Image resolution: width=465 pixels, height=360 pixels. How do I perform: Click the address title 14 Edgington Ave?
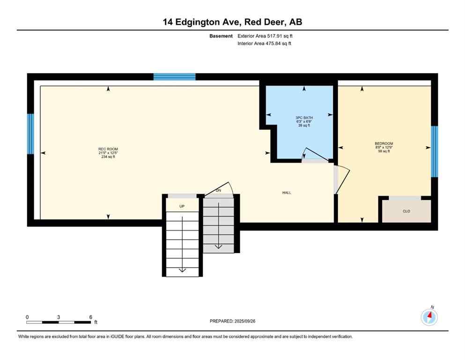pyautogui.click(x=232, y=22)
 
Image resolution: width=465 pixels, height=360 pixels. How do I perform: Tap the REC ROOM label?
pyautogui.click(x=108, y=149)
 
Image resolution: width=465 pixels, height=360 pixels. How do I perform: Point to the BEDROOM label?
pyautogui.click(x=384, y=143)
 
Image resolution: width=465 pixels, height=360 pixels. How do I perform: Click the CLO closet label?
pyautogui.click(x=406, y=211)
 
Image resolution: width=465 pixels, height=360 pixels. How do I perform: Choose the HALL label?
pyautogui.click(x=288, y=192)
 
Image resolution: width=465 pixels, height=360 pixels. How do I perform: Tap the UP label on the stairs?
pyautogui.click(x=182, y=206)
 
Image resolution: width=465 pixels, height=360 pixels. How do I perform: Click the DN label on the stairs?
pyautogui.click(x=218, y=191)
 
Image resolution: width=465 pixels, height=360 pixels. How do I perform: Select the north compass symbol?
pyautogui.click(x=429, y=317)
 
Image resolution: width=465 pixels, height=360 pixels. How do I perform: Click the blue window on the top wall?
pyautogui.click(x=174, y=77)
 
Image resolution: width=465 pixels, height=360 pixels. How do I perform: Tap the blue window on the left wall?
pyautogui.click(x=30, y=134)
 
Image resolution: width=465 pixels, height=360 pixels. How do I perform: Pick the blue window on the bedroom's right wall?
pyautogui.click(x=434, y=151)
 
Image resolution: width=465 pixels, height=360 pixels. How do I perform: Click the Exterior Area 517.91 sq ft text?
pyautogui.click(x=266, y=36)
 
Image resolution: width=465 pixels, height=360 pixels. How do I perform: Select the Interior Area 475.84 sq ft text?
pyautogui.click(x=265, y=44)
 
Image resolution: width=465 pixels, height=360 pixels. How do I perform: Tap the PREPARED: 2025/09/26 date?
pyautogui.click(x=233, y=321)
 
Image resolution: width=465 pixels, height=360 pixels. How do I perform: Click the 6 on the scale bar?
pyautogui.click(x=90, y=317)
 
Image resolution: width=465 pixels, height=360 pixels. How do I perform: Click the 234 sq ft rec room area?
pyautogui.click(x=108, y=157)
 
